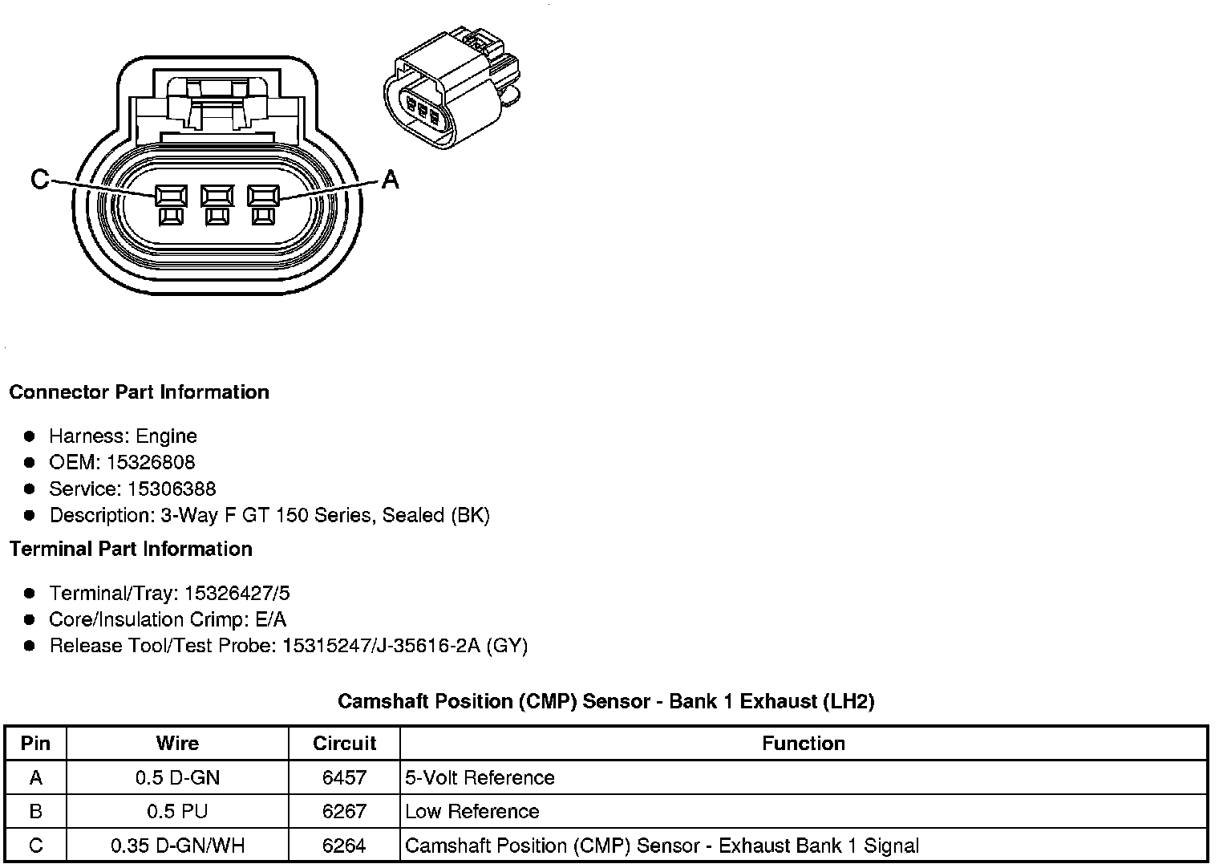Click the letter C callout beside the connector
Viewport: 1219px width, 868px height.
(39, 179)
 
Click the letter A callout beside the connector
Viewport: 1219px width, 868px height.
(390, 179)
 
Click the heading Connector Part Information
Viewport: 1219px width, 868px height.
(139, 392)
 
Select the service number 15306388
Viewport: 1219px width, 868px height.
(172, 489)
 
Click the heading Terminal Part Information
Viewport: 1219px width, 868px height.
(131, 550)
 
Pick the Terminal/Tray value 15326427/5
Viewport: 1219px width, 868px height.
(237, 594)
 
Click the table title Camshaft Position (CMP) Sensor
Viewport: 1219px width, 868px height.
(605, 702)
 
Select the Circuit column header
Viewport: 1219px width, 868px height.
(344, 744)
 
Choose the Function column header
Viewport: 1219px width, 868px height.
(803, 744)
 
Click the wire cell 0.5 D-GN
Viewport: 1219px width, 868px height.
(177, 778)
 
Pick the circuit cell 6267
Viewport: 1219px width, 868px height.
(344, 812)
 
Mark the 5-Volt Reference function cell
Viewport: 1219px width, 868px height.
(480, 778)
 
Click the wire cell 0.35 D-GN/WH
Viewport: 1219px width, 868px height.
(177, 846)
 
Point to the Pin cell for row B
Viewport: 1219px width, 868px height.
(35, 812)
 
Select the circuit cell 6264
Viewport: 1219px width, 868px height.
(344, 846)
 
